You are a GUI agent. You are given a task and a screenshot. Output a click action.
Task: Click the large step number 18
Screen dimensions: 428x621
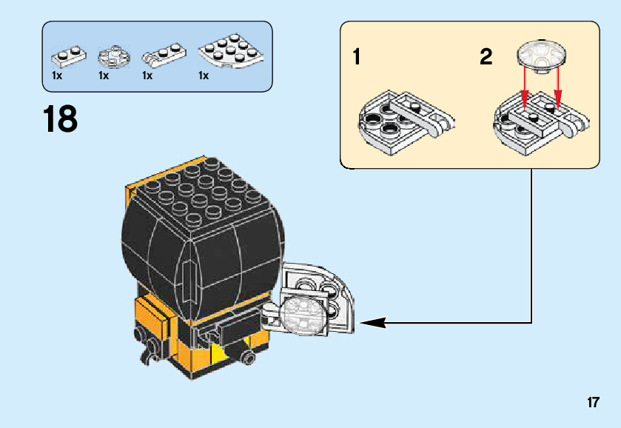(60, 119)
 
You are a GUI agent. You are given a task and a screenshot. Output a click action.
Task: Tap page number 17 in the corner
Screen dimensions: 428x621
(592, 403)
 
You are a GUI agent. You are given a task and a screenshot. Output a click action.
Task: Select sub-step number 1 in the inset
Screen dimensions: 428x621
(357, 57)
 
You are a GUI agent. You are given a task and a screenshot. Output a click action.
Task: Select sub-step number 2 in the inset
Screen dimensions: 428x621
(486, 57)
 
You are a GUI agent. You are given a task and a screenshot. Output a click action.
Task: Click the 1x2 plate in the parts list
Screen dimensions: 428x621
(67, 55)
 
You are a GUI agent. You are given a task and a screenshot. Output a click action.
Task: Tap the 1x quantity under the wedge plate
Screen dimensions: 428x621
(204, 76)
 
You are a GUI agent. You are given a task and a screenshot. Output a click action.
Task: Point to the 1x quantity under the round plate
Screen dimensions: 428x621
(103, 76)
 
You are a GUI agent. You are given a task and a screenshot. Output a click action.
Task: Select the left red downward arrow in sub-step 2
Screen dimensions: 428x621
(525, 87)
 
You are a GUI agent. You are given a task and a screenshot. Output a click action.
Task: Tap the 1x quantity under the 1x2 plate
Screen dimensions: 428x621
(57, 76)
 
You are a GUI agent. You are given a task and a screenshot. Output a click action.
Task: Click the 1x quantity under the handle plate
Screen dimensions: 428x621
(147, 76)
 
